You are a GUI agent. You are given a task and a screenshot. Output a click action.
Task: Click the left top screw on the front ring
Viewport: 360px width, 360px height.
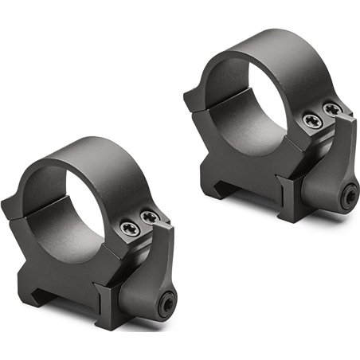pos(131,229)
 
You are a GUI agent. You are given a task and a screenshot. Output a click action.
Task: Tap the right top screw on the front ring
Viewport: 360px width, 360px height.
pos(148,216)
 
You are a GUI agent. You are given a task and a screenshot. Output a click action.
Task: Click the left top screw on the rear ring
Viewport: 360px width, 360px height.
pos(311,121)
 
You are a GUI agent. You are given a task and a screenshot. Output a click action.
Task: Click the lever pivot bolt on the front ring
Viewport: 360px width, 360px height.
pos(168,302)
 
